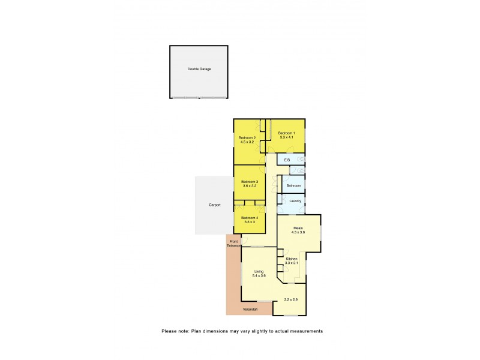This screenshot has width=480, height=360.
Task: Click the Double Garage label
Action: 199,69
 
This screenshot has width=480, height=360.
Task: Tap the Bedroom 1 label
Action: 286,133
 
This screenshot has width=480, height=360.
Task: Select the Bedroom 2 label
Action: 247,138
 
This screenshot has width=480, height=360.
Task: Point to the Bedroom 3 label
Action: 250,182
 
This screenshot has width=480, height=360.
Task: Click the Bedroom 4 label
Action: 250,218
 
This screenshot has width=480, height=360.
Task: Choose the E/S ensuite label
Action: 287,160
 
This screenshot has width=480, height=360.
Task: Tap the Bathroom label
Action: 293,185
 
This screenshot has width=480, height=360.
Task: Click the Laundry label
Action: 295,201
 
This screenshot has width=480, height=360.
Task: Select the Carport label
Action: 215,205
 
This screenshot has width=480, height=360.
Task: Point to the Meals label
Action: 298,228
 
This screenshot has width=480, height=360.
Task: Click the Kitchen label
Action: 292,259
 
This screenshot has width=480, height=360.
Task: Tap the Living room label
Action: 258,271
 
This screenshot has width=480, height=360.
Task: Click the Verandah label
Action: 250,309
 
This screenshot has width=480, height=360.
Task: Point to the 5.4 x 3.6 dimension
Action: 259,276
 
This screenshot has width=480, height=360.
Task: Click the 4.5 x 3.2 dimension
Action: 247,142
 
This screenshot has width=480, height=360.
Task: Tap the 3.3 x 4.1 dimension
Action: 286,137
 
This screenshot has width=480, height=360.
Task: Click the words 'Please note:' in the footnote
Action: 176,331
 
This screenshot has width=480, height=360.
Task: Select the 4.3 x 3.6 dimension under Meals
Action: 299,232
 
